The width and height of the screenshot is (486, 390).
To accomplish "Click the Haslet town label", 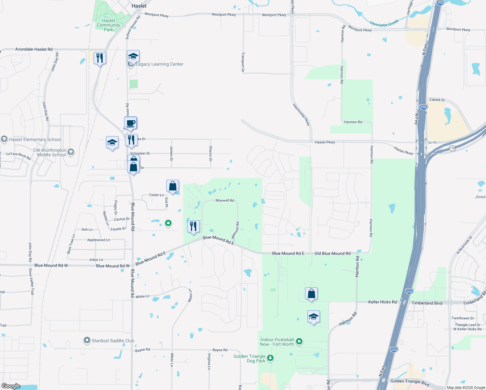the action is click(x=139, y=6).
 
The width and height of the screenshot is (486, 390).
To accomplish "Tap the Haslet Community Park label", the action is click(x=108, y=25).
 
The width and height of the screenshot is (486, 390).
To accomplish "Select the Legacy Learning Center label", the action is click(x=159, y=64).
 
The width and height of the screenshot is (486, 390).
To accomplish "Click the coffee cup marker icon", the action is click(x=131, y=123).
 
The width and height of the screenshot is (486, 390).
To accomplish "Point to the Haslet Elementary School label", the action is click(x=35, y=140).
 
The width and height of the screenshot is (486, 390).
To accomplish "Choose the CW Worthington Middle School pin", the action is click(x=71, y=152).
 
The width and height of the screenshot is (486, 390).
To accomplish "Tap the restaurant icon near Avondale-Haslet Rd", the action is click(x=100, y=58).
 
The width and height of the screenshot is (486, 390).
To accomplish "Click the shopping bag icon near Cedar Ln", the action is click(x=173, y=186).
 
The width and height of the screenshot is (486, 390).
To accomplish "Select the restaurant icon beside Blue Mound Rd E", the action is click(x=193, y=226).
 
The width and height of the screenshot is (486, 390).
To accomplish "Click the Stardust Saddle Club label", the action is click(x=113, y=341).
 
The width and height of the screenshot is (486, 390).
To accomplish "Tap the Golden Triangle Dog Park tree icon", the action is click(x=270, y=358).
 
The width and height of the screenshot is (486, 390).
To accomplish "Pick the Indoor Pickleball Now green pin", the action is click(x=300, y=341).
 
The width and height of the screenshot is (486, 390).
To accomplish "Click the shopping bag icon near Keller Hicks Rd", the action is click(x=311, y=293).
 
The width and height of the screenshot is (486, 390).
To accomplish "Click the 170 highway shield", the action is click(x=452, y=148).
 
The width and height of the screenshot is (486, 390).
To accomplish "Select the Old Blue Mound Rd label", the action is click(x=332, y=253).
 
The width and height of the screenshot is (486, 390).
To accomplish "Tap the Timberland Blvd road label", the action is click(x=427, y=303).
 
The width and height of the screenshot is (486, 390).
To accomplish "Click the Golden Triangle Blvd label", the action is click(x=410, y=382).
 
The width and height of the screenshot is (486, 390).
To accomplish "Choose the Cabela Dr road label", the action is click(x=437, y=100).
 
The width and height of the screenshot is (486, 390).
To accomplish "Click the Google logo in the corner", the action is click(x=11, y=386).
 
